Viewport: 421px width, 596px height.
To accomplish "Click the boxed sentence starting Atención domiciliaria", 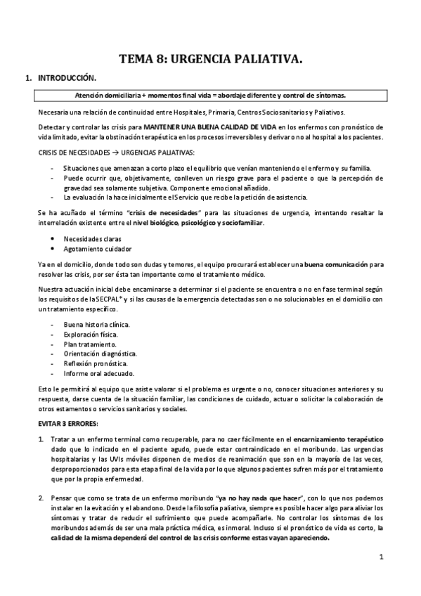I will point(210,95).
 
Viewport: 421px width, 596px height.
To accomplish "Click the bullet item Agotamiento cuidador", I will point(96,249).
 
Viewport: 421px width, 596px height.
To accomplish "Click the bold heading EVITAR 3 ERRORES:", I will point(68,423).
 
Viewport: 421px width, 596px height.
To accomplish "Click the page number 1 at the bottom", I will point(380,558).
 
